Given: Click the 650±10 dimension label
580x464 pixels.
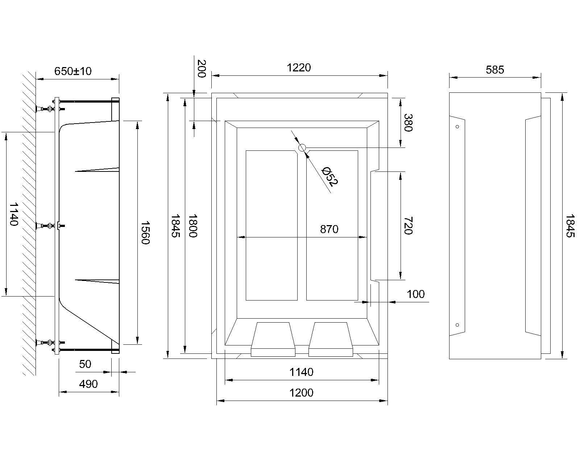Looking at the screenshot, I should pos(73,71).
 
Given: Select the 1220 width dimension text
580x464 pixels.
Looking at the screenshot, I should pos(299,67).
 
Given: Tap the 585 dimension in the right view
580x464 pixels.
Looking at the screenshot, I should pos(495,70).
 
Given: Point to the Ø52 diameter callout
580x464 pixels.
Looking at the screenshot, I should pos(330,176).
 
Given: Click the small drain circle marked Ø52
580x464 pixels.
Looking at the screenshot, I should pos(302,148).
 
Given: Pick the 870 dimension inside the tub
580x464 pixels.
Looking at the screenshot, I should pos(329,229).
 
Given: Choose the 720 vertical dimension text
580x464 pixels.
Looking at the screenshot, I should pos(408,225).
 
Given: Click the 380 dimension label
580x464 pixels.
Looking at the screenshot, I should pos(408,123).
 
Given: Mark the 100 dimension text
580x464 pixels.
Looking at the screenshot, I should pos(415,294).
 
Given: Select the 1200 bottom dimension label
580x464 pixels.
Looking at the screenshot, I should pos(302,393).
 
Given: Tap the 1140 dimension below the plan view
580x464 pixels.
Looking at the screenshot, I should pos(302,372).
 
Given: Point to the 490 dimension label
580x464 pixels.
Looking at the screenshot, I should pos(88,384).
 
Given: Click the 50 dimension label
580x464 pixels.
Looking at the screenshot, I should pos(85,364).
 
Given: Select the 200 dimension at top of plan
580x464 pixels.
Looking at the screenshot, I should pos(202,69).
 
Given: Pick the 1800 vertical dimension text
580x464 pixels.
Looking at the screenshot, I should pos(192,225).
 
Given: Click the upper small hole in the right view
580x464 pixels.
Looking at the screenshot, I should pos(457,127).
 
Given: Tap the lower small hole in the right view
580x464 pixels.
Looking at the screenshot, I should pos(457,325).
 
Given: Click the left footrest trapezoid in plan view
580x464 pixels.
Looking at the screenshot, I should pos(273,335).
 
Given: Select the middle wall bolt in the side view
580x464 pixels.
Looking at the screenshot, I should pos(49,226).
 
